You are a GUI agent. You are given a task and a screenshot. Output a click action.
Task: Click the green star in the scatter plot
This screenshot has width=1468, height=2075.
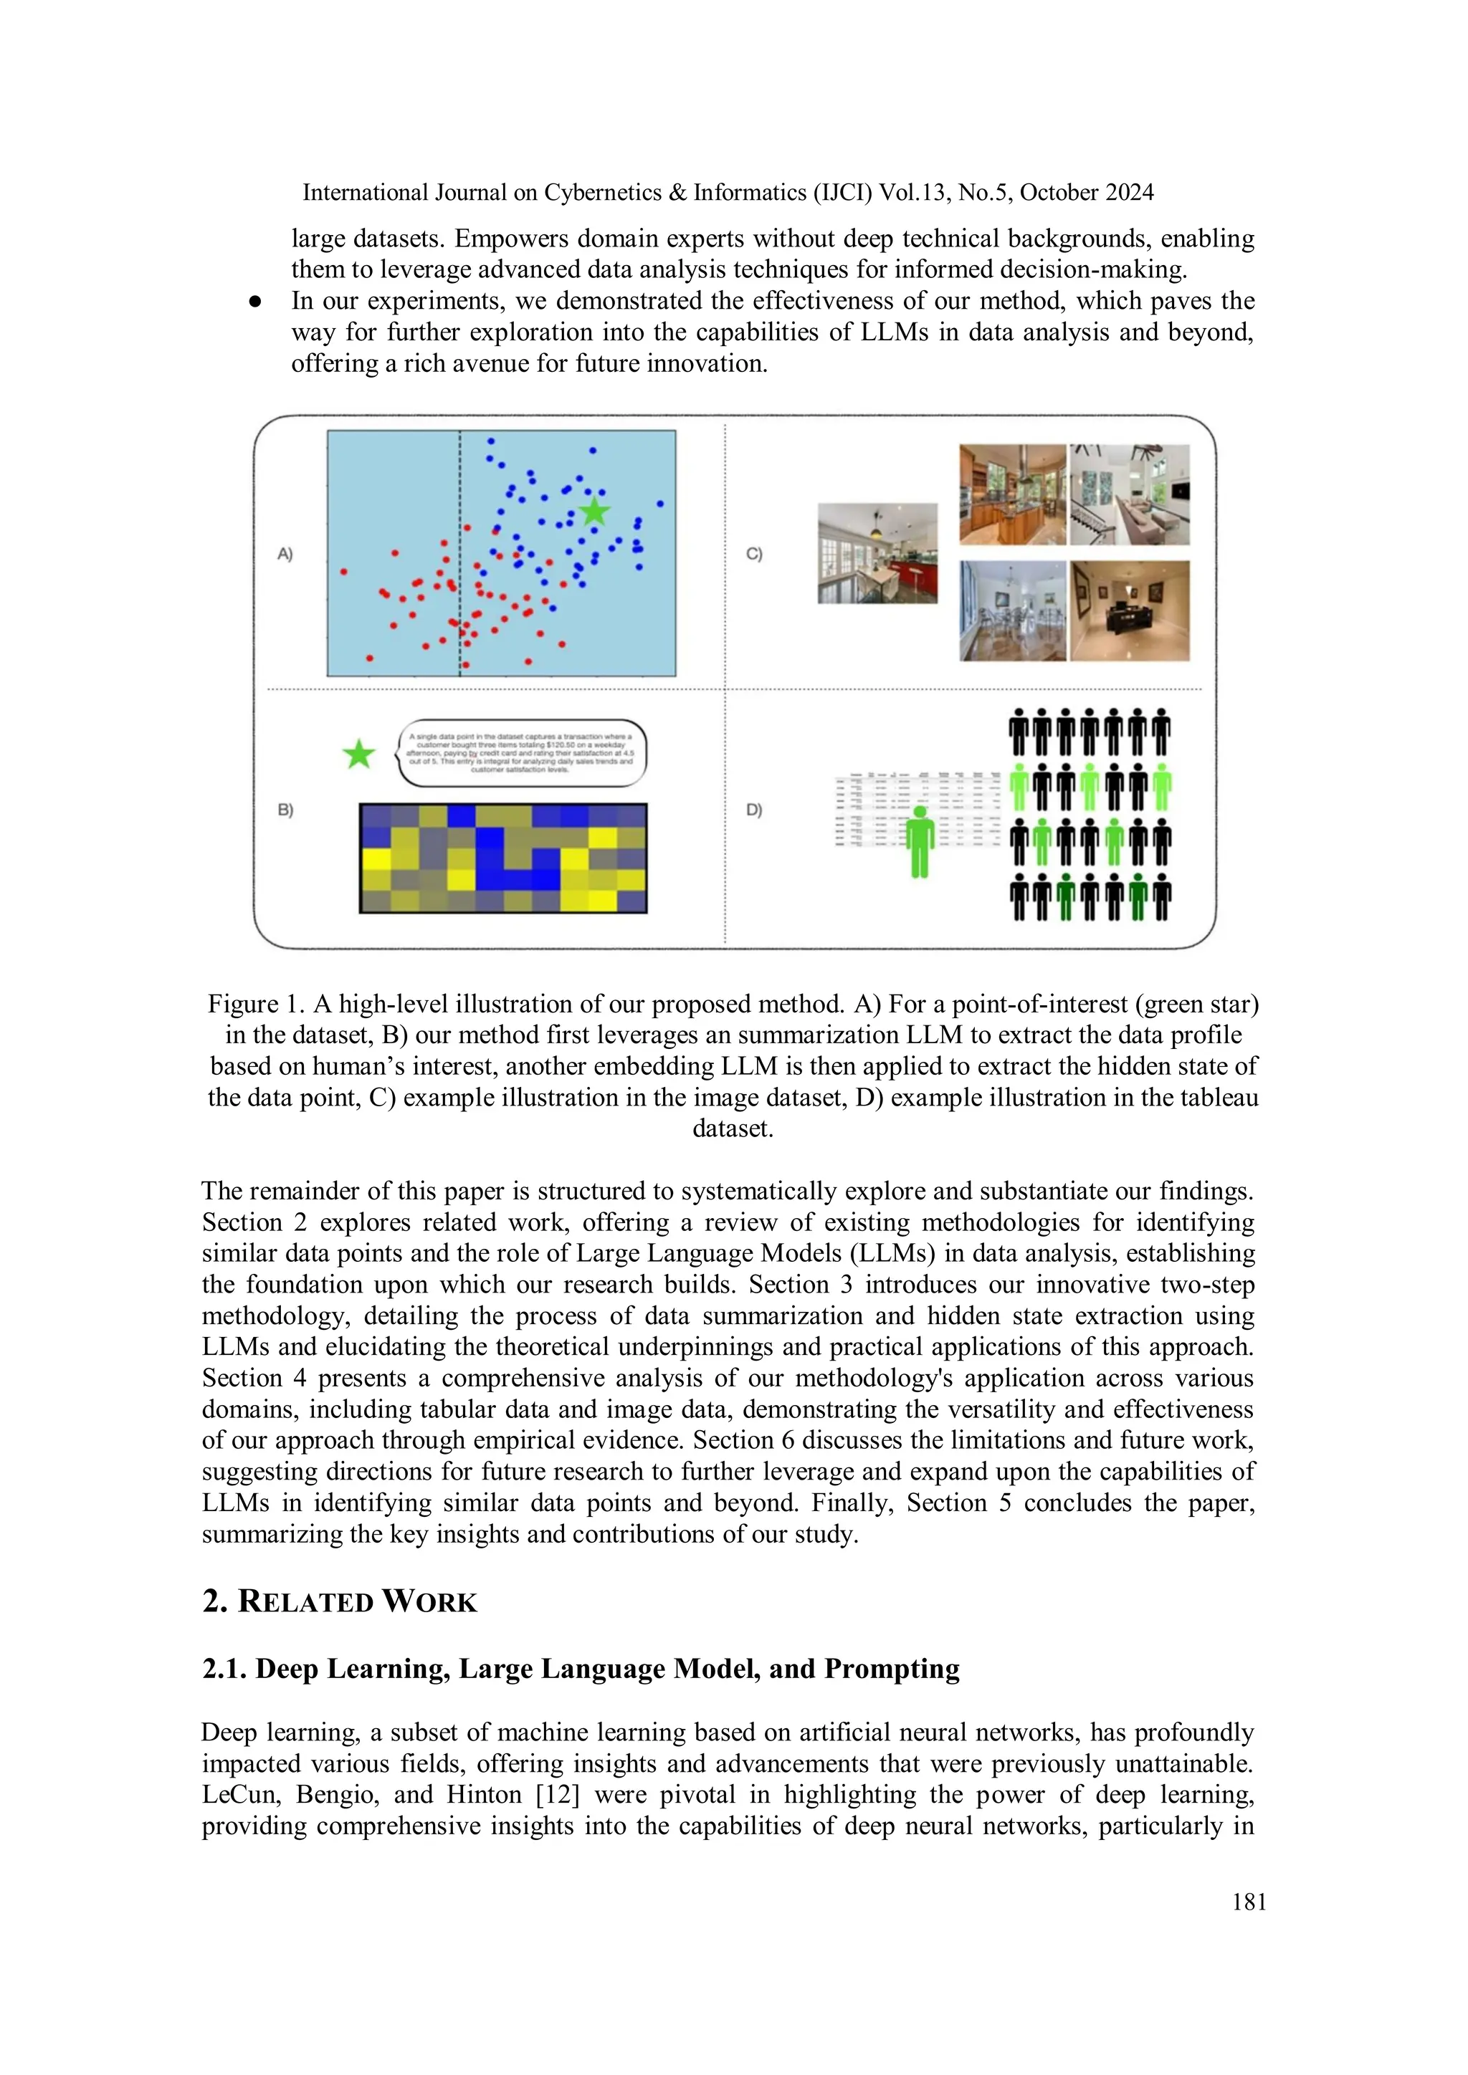coord(594,511)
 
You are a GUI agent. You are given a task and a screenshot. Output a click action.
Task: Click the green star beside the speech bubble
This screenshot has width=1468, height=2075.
coord(359,754)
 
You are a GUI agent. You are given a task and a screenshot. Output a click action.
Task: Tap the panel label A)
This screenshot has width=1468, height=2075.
coord(285,554)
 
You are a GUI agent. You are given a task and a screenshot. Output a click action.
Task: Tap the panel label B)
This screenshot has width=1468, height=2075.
coord(285,810)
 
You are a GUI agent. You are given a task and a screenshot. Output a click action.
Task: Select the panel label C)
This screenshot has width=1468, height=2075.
coord(754,554)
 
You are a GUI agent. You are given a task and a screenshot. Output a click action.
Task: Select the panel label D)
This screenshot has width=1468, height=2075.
coord(754,810)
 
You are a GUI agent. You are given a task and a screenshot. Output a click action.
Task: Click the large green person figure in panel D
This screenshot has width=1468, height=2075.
coord(920,841)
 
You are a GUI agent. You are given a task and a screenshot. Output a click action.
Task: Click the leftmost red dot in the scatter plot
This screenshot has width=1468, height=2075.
coord(343,571)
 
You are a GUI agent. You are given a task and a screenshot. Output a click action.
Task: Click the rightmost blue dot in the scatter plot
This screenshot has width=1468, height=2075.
coord(660,504)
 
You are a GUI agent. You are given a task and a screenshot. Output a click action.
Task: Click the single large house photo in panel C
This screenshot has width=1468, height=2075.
coord(877,553)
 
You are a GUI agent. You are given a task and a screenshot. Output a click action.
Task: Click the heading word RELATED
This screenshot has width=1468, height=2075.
coord(305,1602)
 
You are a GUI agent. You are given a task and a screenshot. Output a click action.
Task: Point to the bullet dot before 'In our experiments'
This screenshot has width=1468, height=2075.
coord(256,302)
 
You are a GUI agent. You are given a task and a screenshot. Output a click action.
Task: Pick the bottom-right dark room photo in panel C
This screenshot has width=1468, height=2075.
coord(1129,611)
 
